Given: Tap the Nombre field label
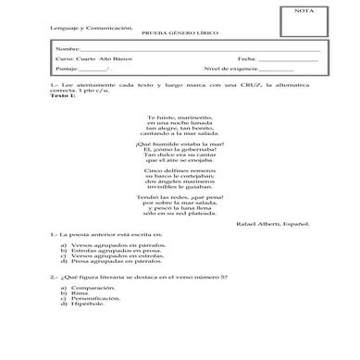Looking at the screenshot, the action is pos(68,47).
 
